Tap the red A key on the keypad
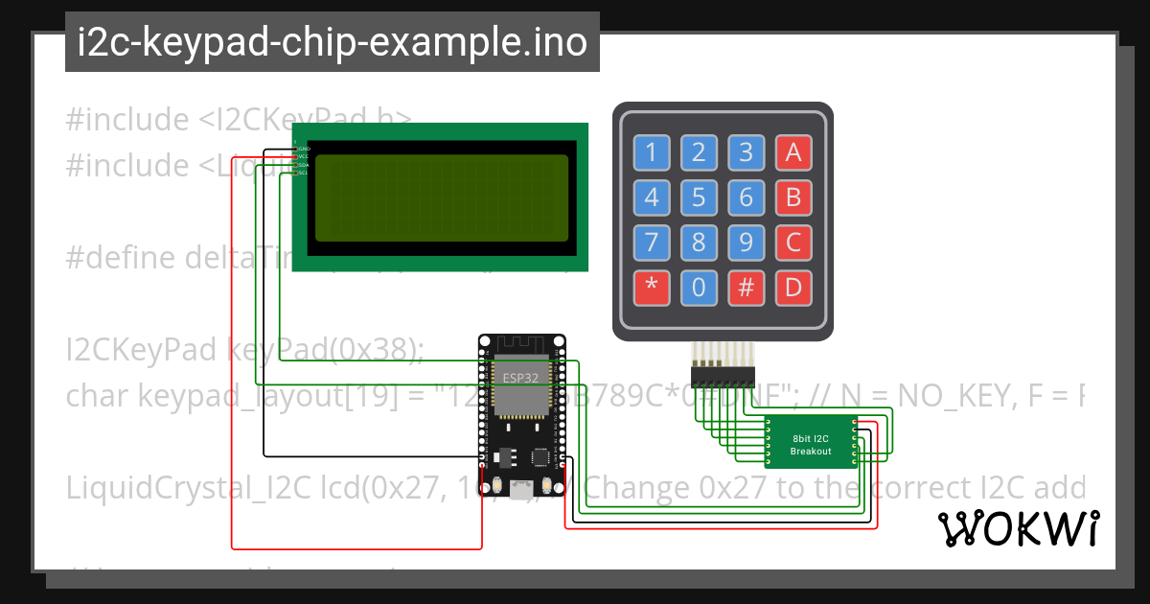coord(793,151)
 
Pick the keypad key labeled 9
coord(746,243)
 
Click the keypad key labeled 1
coord(652,151)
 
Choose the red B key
coord(793,197)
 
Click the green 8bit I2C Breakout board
coord(811,443)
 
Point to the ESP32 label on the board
coord(521,377)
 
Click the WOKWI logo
coord(1018,528)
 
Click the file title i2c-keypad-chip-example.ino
coord(332,42)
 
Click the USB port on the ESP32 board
coord(522,488)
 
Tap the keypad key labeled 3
coord(746,151)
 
